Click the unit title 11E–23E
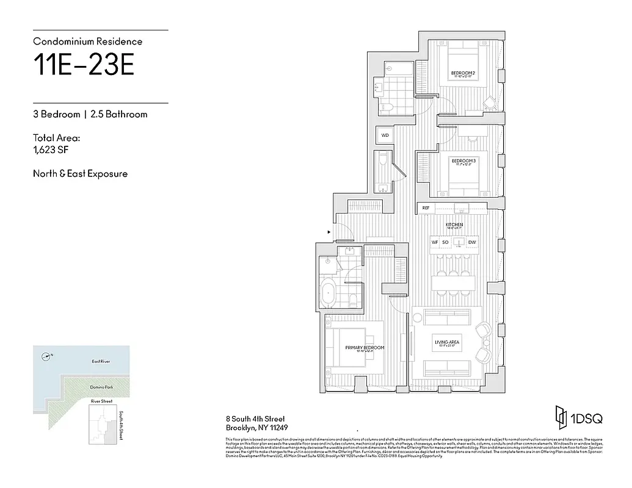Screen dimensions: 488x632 coord(84,66)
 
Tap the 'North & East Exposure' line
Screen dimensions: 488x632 coord(80,174)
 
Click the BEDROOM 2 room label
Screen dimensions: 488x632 coord(463,74)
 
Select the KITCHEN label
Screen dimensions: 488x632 coord(454,225)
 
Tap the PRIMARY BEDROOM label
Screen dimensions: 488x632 coord(365,348)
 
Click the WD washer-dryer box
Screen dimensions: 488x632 coord(385,135)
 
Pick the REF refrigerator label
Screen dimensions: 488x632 coord(426,209)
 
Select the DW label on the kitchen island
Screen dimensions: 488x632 coord(471,242)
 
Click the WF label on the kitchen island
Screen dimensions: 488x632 coord(435,242)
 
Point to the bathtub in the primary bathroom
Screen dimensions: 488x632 coord(329,293)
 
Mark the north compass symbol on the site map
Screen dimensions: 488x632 coord(43,357)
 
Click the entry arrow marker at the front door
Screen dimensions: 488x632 coord(330,232)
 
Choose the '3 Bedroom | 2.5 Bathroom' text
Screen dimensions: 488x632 coord(90,114)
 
